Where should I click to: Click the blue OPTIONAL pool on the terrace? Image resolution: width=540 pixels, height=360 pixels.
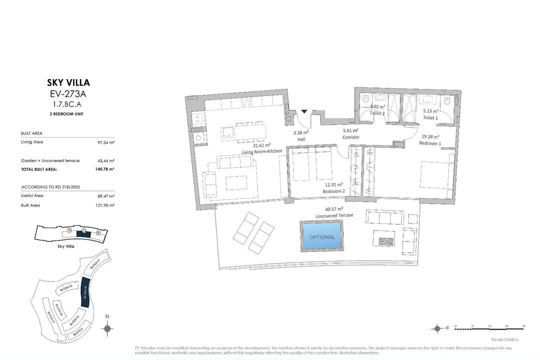[322, 236]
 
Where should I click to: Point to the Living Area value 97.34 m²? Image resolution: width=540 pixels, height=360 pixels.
[106, 142]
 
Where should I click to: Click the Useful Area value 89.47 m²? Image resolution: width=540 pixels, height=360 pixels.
[106, 196]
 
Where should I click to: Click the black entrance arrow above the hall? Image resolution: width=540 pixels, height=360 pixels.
[304, 112]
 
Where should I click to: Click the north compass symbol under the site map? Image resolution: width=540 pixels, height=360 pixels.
[106, 328]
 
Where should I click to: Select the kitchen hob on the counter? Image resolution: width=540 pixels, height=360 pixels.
[247, 103]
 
